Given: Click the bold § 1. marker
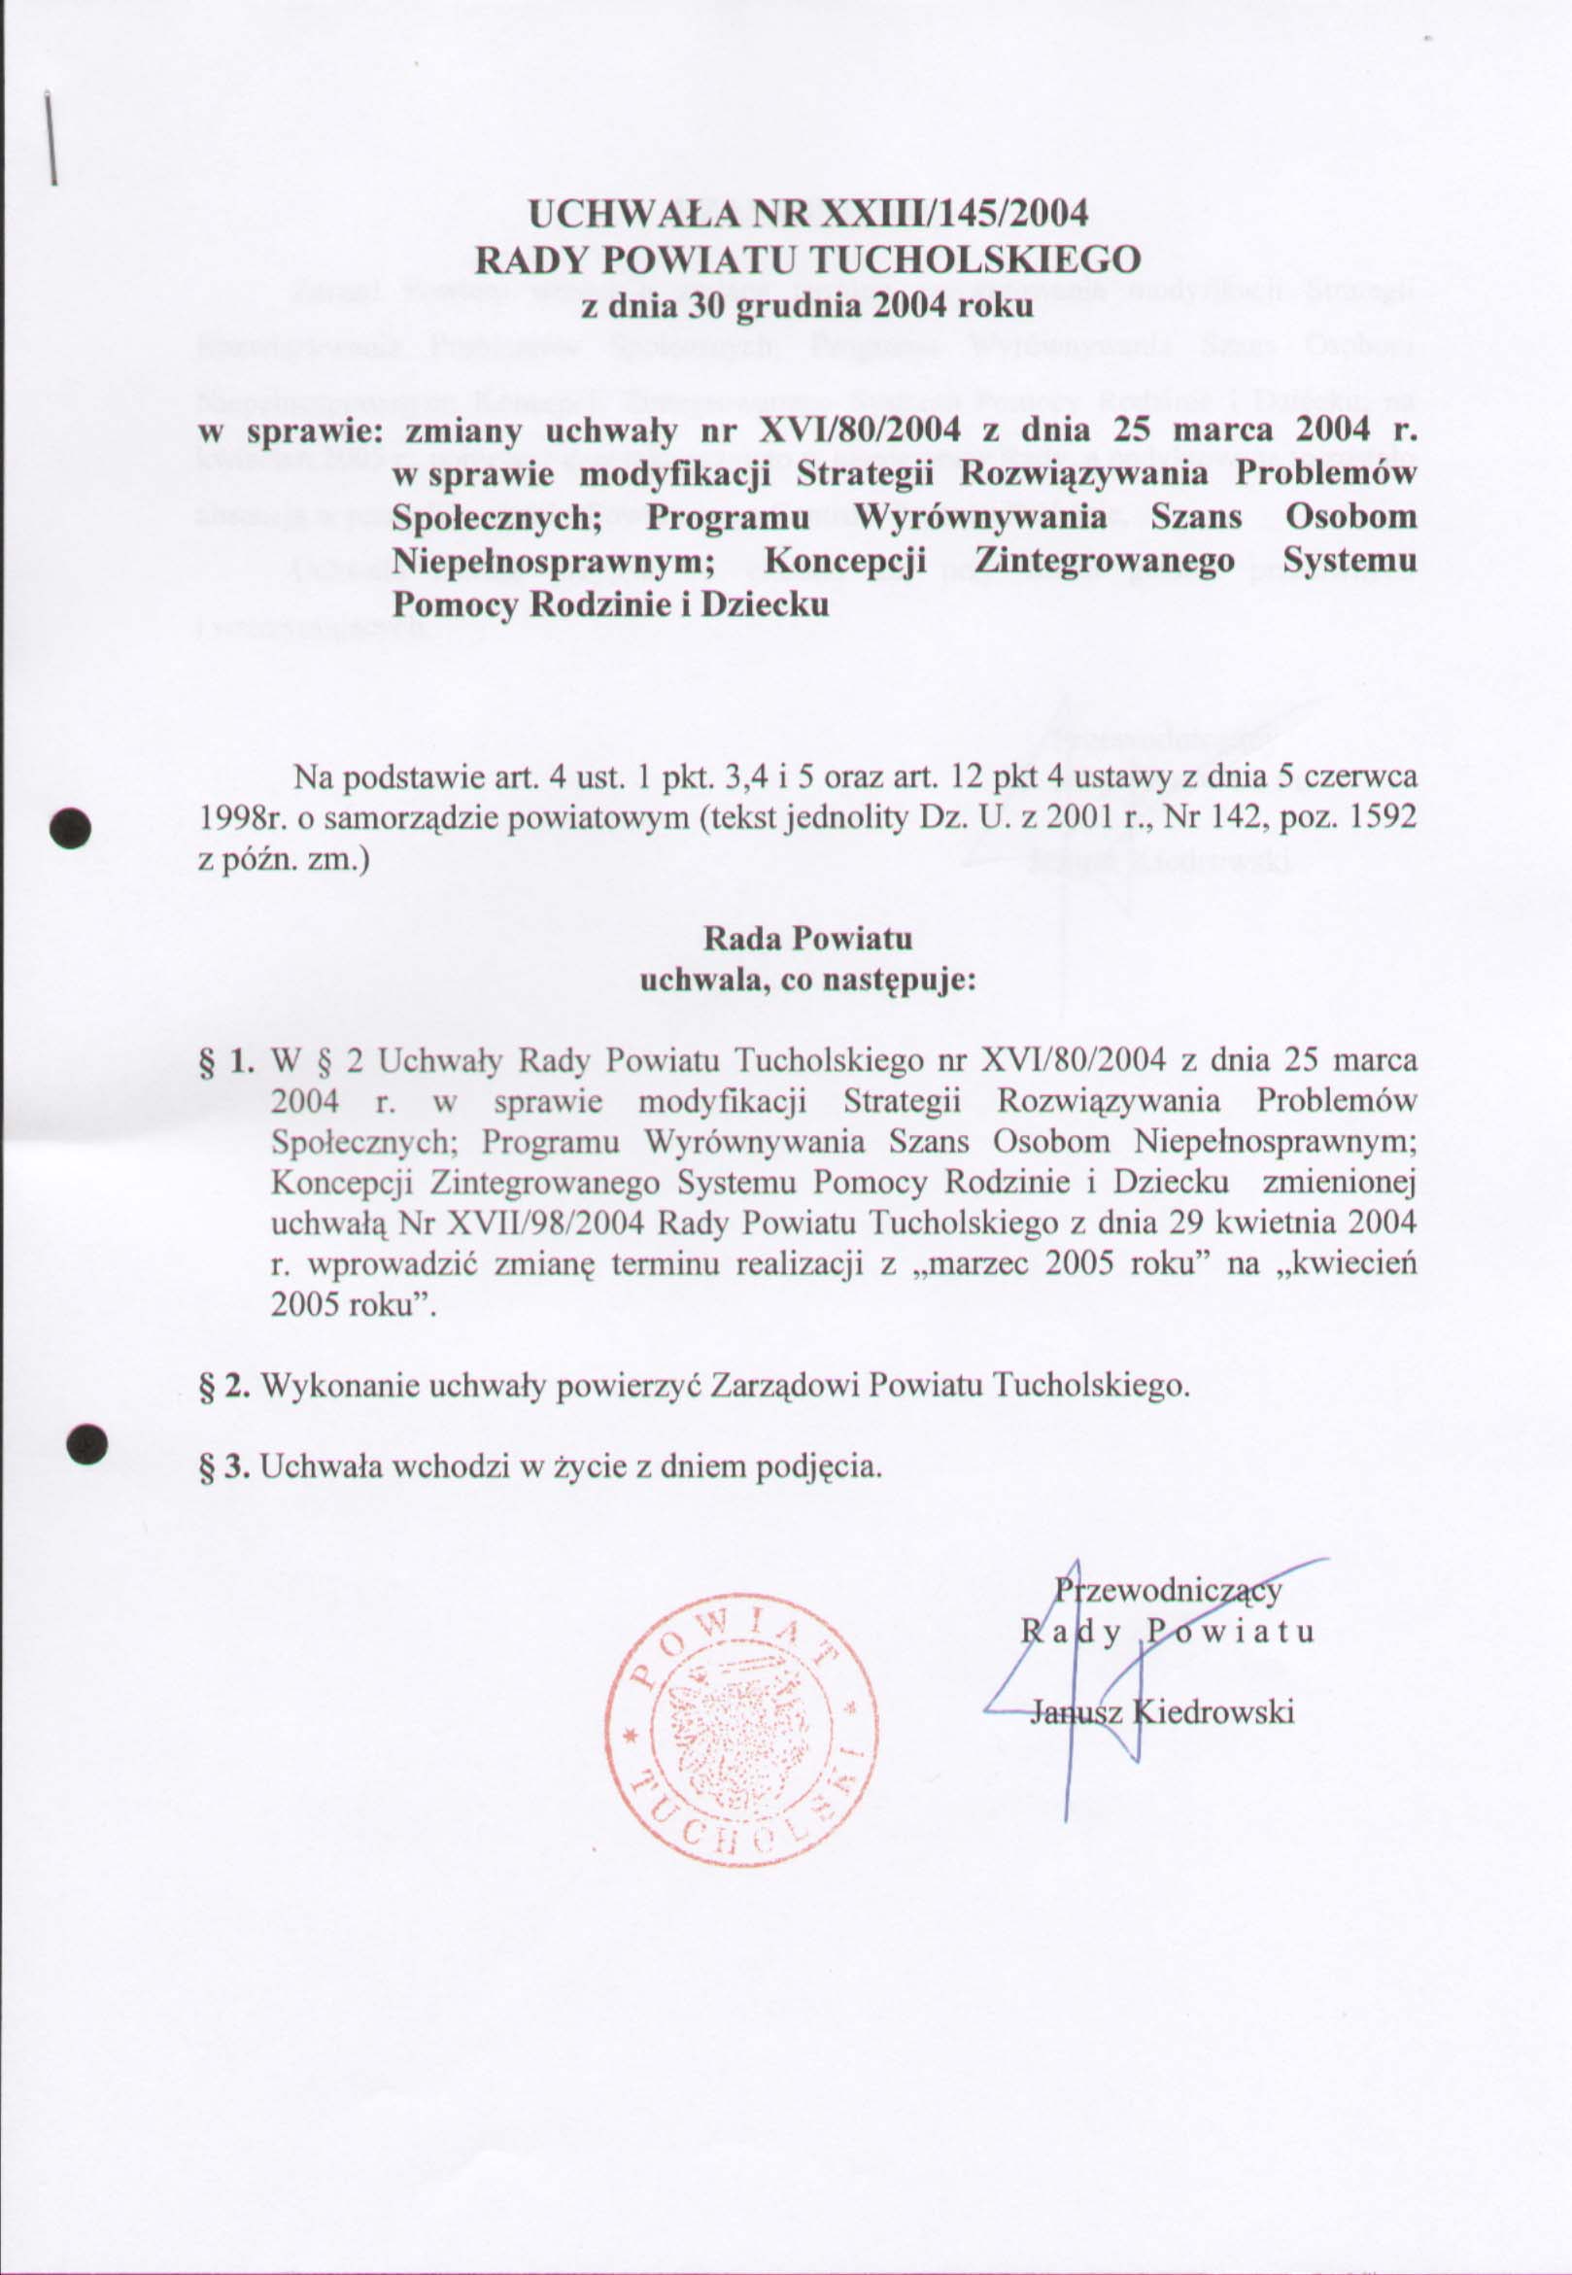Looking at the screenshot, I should [x=225, y=1061].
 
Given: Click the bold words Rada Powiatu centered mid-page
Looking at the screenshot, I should [x=807, y=938].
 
